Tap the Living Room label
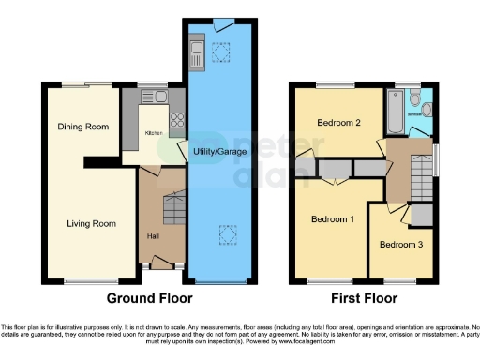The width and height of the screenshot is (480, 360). tap(91, 223)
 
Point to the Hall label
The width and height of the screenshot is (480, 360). tap(152, 235)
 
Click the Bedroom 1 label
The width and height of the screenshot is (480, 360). tap(332, 219)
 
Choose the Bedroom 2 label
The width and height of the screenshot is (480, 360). tap(338, 123)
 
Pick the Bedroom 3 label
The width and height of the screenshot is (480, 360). tap(401, 245)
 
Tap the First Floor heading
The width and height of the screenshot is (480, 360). tap(360, 299)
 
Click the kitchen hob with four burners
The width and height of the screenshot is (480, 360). tap(174, 120)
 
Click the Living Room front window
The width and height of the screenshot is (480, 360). tap(91, 282)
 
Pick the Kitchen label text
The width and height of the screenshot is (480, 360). tap(154, 133)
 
